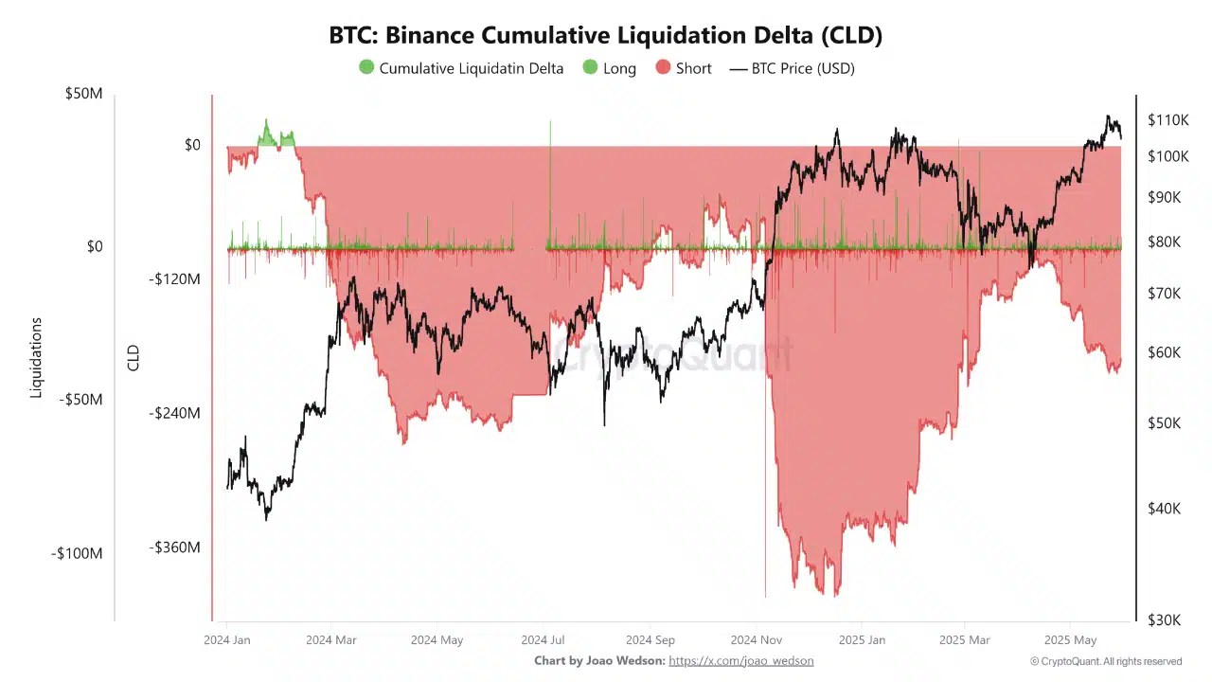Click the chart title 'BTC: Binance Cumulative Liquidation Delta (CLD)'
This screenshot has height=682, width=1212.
pyautogui.click(x=605, y=35)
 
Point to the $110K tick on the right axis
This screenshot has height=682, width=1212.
pyautogui.click(x=1167, y=120)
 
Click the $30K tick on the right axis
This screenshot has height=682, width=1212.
pyautogui.click(x=1164, y=619)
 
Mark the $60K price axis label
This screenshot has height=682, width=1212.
pyautogui.click(x=1164, y=352)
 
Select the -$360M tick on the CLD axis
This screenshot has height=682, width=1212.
pyautogui.click(x=174, y=547)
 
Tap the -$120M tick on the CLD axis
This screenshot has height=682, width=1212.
pyautogui.click(x=174, y=279)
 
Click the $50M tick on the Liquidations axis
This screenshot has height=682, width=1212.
pyautogui.click(x=83, y=94)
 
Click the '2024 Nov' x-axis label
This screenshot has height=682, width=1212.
pyautogui.click(x=756, y=640)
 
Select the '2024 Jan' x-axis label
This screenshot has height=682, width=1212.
pyautogui.click(x=227, y=640)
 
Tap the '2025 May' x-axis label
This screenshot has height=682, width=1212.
pyautogui.click(x=1070, y=640)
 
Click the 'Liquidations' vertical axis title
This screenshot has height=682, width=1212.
pyautogui.click(x=37, y=358)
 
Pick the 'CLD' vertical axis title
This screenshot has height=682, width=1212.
pyautogui.click(x=134, y=358)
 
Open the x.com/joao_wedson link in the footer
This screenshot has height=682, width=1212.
pyautogui.click(x=740, y=661)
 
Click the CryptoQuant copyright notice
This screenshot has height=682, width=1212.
pyautogui.click(x=1106, y=661)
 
